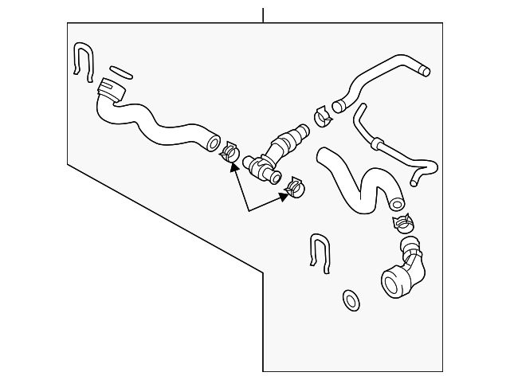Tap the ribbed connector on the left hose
click(111, 91)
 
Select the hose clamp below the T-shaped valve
click(294, 187)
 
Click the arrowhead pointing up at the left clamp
click(234, 168)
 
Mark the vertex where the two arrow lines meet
click(249, 211)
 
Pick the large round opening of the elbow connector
click(394, 282)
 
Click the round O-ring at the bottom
click(350, 300)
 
